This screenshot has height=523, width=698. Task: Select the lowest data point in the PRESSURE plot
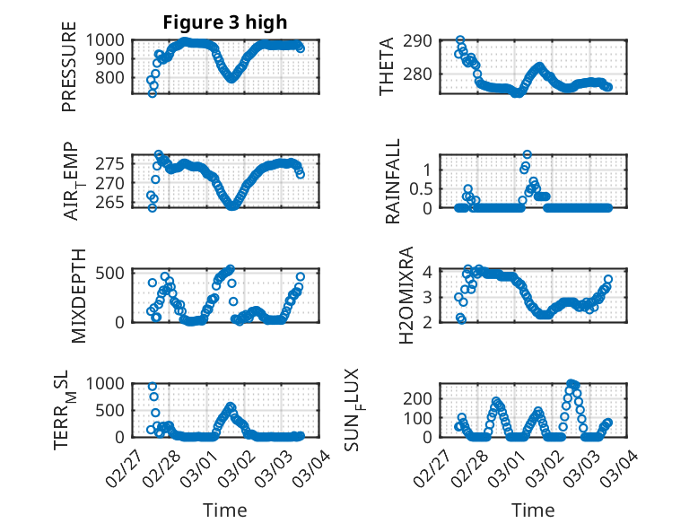coord(153,93)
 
